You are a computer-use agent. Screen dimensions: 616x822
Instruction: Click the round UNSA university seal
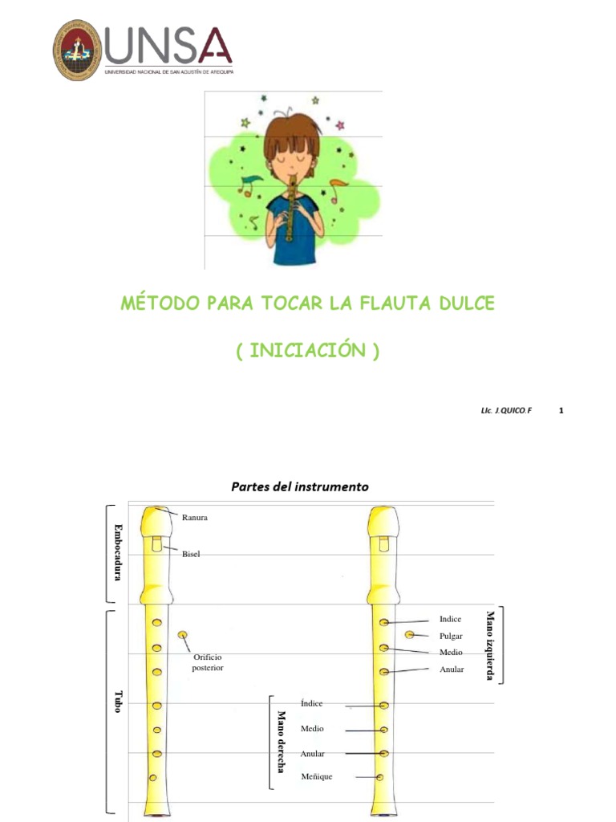pos(78,50)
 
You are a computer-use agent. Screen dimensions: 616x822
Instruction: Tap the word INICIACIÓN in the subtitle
pos(307,352)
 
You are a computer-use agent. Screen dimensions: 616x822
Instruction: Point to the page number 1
pos(561,410)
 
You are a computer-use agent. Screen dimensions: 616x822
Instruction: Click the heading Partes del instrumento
pos(300,486)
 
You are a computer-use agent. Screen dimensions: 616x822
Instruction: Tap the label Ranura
pos(194,518)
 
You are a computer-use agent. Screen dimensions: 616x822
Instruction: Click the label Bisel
pos(191,554)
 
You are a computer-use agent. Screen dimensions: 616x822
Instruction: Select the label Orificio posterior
pos(207,662)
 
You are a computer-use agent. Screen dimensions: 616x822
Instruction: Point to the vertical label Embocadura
pos(118,553)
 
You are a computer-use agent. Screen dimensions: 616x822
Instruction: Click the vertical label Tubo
pos(118,701)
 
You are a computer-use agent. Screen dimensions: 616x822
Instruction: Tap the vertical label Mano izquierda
pos(490,645)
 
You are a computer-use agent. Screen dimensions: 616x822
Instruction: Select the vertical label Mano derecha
pos(282,742)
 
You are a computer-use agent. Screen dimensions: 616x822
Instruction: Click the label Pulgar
pos(451,635)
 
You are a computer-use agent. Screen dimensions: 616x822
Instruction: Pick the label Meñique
pos(316,776)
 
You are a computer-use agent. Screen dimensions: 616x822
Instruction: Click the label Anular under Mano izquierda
pos(452,669)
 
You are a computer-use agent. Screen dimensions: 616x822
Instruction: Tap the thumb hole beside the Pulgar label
pos(410,635)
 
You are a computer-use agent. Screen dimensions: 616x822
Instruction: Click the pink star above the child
pos(340,125)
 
